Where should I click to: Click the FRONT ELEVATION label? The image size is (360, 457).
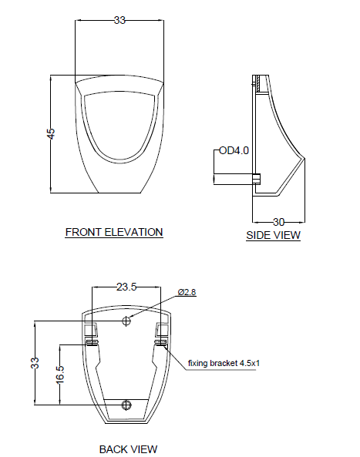tap(113, 231)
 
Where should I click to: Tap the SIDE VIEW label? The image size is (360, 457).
tap(273, 235)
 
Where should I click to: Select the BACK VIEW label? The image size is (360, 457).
tap(128, 449)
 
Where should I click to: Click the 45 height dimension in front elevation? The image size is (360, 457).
tap(51, 133)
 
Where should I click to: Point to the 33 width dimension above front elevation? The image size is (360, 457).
tap(119, 20)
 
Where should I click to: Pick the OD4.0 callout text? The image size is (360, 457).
tap(234, 150)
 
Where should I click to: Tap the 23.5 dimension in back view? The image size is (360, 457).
tap(126, 287)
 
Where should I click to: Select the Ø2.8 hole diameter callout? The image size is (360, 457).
tap(187, 292)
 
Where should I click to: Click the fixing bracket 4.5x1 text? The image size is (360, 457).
tap(227, 361)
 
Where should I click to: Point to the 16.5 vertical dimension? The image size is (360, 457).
tap(60, 374)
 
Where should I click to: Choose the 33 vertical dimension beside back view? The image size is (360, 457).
tap(35, 363)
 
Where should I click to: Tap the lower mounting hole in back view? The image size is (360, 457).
tap(127, 405)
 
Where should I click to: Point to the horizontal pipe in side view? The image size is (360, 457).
tap(233, 179)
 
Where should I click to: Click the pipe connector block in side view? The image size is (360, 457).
tap(257, 179)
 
